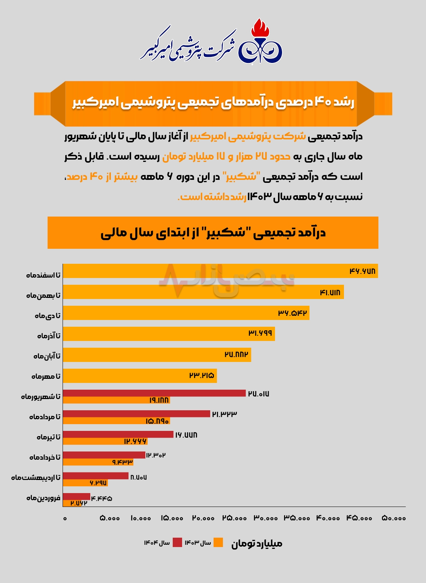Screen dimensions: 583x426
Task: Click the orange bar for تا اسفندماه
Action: click(220, 271)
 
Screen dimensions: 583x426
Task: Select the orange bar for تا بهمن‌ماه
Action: click(203, 292)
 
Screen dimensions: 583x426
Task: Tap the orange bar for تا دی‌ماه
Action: click(186, 313)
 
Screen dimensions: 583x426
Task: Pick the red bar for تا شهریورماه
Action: click(154, 393)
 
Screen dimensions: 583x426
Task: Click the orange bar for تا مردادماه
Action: click(116, 421)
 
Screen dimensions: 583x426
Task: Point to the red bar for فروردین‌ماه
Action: click(76, 496)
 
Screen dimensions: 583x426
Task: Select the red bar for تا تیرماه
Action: click(118, 434)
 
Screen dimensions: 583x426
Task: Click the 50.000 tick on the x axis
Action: click(394, 518)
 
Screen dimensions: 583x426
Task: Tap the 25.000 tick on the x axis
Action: click(235, 518)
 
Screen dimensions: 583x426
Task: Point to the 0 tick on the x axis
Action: click(65, 518)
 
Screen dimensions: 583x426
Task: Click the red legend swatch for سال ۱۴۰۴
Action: click(177, 542)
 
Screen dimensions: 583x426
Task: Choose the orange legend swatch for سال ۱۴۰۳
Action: click(218, 542)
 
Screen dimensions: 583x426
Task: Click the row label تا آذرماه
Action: click(49, 336)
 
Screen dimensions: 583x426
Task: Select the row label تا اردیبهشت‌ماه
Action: click(36, 477)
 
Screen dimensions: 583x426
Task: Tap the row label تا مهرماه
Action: click(46, 376)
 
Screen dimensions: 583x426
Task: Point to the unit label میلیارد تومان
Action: click(257, 543)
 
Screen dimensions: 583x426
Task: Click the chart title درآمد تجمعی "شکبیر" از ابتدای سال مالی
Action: click(213, 233)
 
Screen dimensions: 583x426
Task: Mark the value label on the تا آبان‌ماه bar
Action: click(236, 354)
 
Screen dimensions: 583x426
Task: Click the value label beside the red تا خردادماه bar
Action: click(156, 455)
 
